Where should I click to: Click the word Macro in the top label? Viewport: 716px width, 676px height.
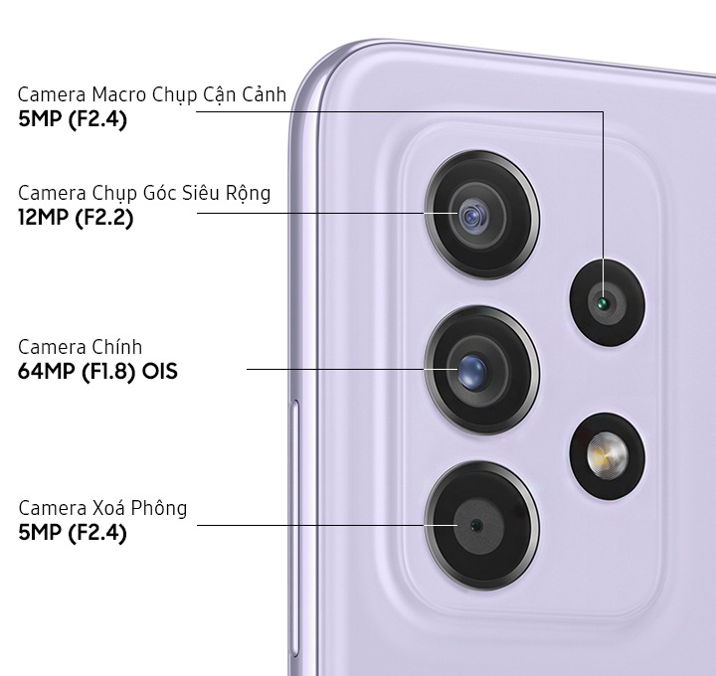pos(118,94)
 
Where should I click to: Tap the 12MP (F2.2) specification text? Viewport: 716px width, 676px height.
pos(76,217)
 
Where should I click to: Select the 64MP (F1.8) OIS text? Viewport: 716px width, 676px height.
pos(97,371)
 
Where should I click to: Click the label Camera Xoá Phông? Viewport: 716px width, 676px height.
pos(102,508)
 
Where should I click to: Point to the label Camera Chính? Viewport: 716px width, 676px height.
pos(81,347)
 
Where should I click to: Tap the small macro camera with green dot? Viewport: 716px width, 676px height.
pos(608,302)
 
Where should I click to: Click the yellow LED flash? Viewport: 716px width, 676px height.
pos(608,455)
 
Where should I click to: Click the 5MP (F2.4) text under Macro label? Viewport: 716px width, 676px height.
pos(73,119)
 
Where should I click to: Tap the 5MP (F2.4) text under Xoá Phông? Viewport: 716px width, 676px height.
pos(73,533)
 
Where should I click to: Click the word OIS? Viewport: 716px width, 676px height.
pos(159,371)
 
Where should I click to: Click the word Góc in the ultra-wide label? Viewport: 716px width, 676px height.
pos(160,194)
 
